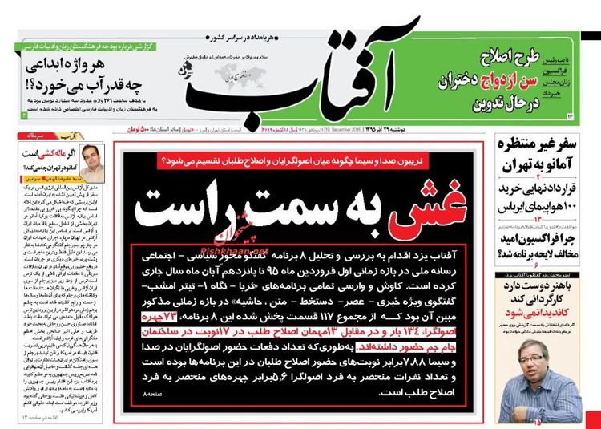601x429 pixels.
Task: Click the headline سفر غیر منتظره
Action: (x=543, y=147)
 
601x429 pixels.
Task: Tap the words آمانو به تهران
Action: (x=545, y=167)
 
